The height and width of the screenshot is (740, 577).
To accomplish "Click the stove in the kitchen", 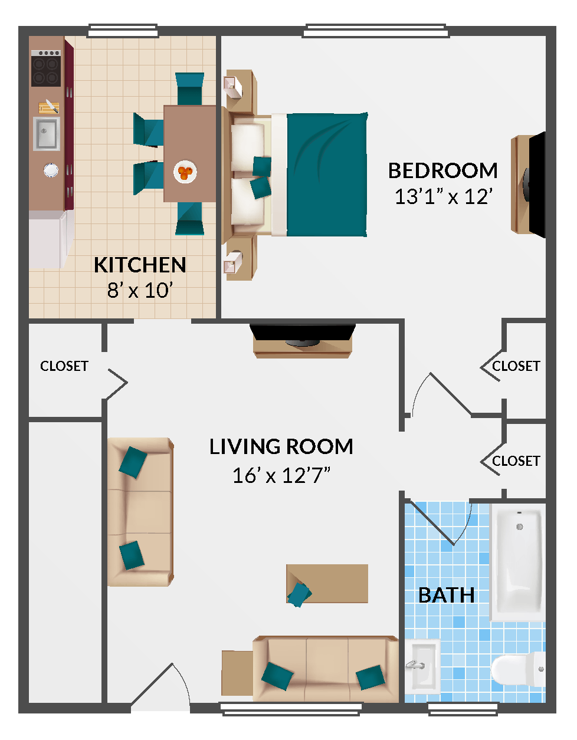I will coord(46,68).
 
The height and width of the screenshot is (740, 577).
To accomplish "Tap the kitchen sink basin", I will coord(45,134).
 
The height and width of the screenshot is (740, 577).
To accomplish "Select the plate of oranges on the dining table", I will coord(185,172).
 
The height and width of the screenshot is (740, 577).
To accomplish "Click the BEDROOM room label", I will coord(442,171).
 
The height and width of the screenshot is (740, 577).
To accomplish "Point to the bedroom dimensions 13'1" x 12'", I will coord(443,196).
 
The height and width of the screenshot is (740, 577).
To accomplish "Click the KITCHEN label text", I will coord(140,265).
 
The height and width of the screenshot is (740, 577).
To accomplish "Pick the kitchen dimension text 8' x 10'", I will coord(140,291).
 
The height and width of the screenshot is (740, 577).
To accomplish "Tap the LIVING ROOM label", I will coord(281,447).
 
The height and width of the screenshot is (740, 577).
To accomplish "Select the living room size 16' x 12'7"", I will coord(281,475).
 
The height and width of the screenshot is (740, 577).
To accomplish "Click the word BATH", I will coord(446,596).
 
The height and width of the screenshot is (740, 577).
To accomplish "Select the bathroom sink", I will coord(422,666).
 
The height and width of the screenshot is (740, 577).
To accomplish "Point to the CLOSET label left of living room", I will coord(64,366).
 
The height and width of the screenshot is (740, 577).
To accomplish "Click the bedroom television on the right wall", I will coord(536,185).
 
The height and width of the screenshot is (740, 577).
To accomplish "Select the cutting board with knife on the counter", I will coord(48,107).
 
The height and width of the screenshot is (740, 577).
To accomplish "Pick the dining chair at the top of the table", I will coord(189,88).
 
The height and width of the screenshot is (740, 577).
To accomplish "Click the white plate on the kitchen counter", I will coord(51,170).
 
